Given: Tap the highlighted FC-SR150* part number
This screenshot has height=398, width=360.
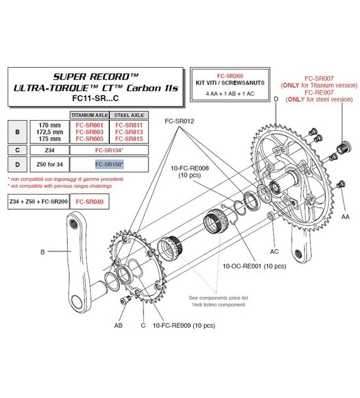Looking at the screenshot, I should (x=109, y=165).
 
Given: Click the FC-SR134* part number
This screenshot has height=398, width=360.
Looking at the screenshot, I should (x=109, y=150).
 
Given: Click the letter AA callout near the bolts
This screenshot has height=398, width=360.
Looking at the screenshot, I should (x=345, y=215).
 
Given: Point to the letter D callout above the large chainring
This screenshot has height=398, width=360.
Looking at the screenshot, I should (x=276, y=98).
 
